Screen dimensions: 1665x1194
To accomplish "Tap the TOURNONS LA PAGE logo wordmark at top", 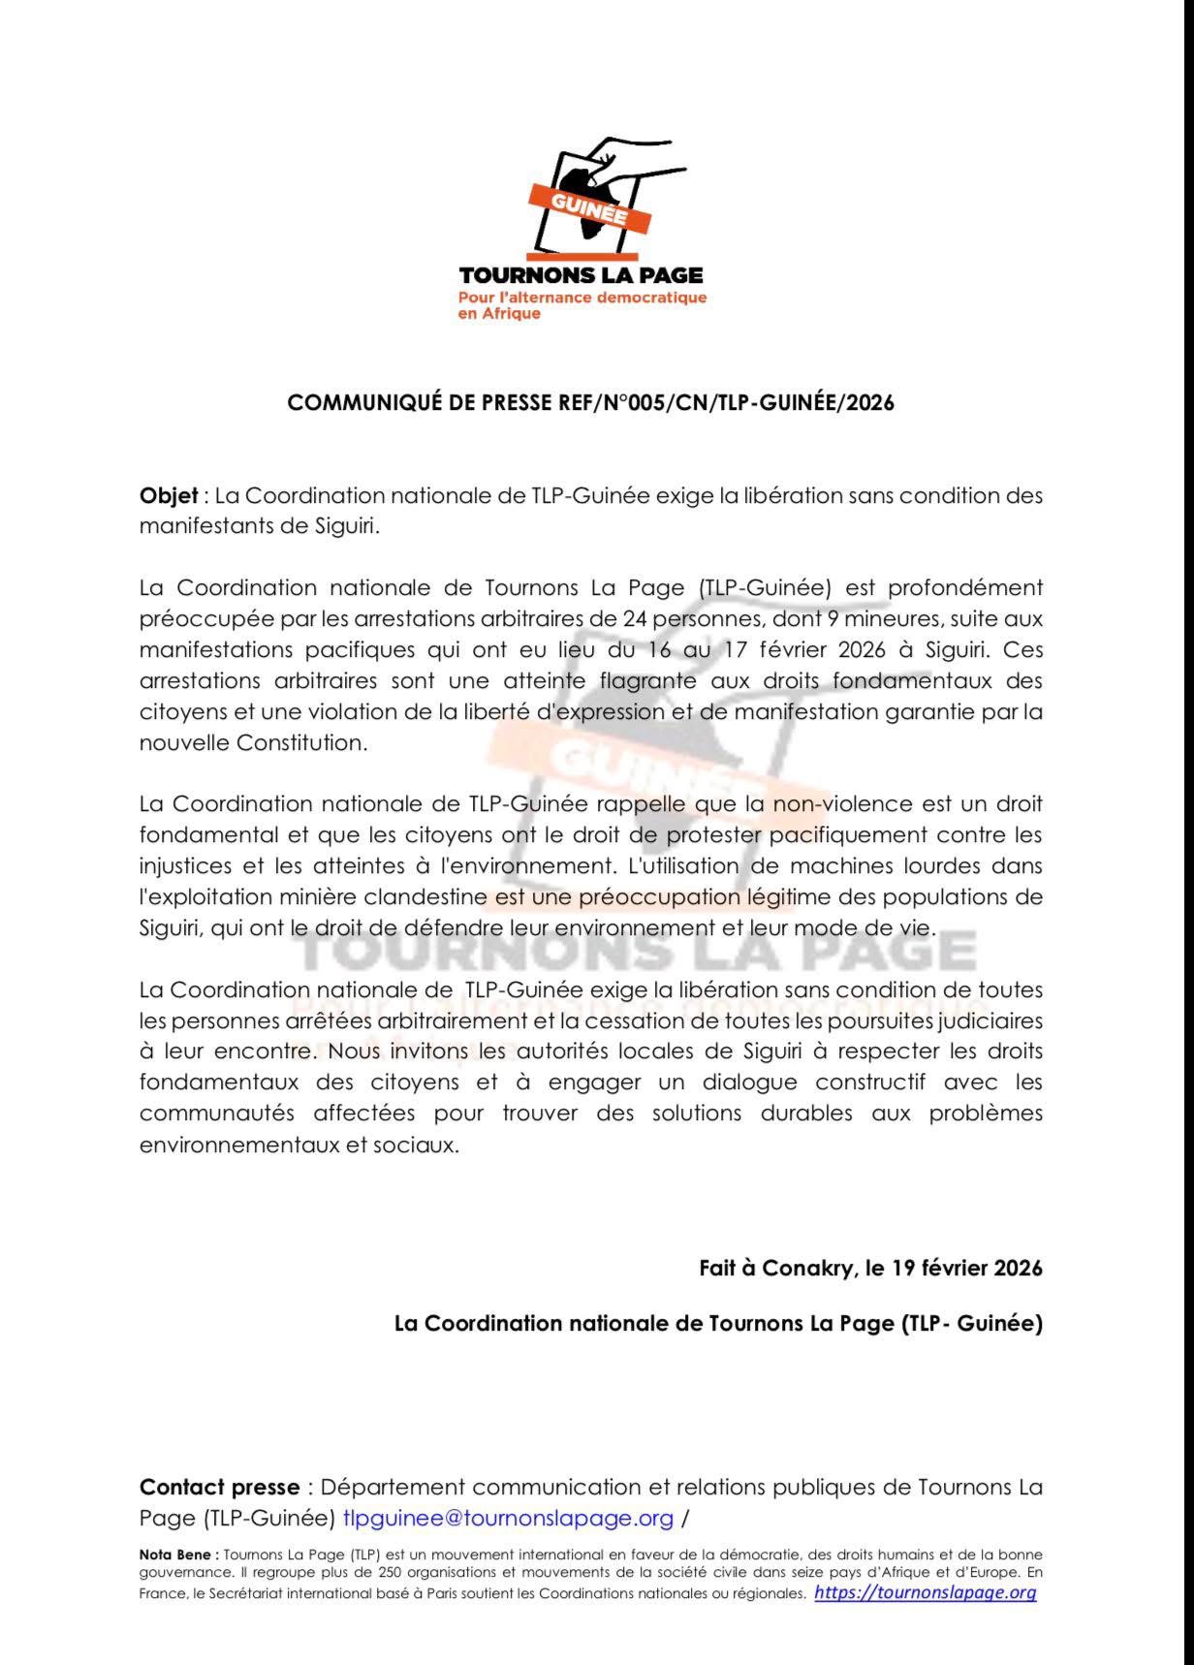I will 581,276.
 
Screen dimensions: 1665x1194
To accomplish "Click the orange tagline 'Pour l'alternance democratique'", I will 582,298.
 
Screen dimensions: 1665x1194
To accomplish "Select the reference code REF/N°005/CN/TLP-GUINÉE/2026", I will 726,402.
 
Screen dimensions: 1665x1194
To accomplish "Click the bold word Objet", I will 169,495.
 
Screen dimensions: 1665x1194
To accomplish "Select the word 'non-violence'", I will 842,803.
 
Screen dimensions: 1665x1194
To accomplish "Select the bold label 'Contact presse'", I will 220,1487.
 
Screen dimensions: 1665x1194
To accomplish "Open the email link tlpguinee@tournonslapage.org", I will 508,1518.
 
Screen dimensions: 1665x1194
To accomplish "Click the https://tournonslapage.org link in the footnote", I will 925,1592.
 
